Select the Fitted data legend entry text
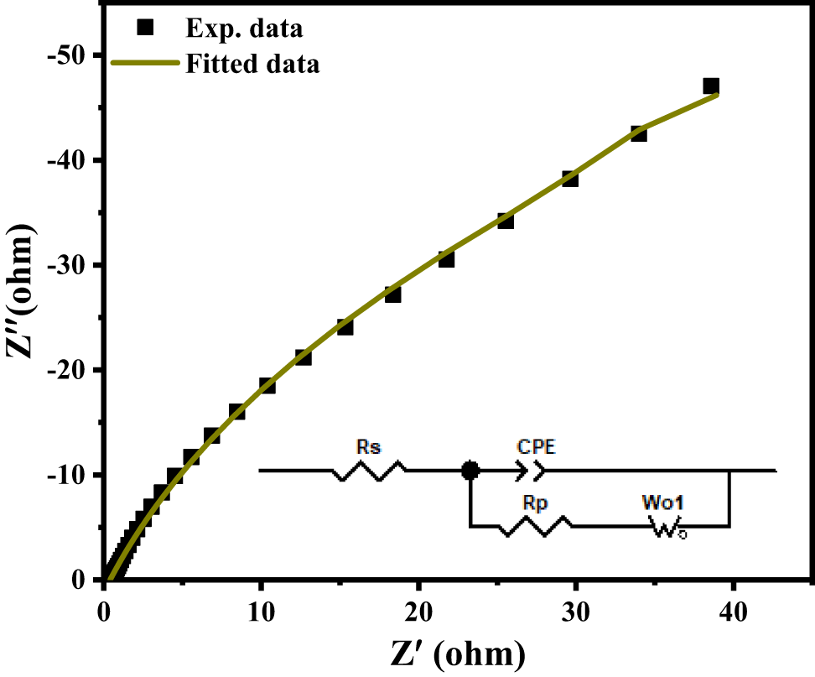point(251,63)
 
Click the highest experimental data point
point(711,86)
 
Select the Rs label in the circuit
point(367,448)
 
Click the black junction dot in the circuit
point(470,471)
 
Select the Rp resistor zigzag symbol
point(535,527)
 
